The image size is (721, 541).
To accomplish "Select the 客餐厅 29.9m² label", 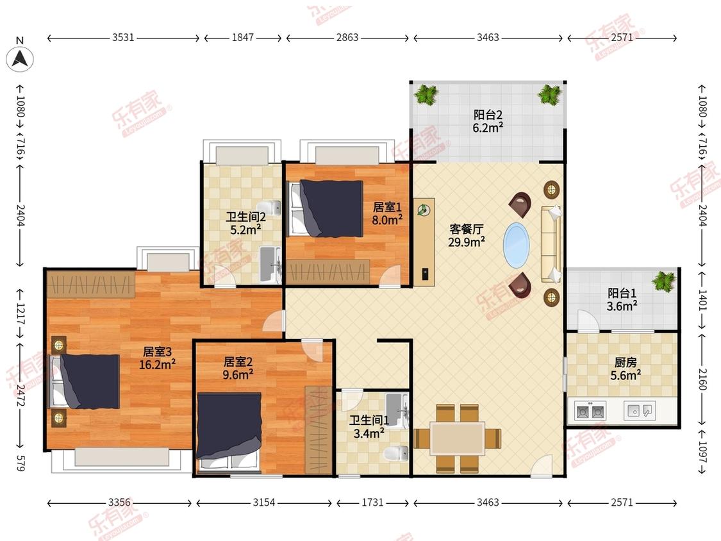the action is [x=467, y=235].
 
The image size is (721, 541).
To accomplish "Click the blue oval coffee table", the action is [x=517, y=246].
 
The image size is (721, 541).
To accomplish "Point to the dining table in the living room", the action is [x=458, y=438].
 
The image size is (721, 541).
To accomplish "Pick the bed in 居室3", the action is [x=85, y=381].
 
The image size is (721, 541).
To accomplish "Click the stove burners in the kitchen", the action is [x=590, y=410].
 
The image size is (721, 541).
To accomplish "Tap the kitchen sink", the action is [x=640, y=410].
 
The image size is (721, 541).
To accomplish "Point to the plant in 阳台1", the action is [x=663, y=281].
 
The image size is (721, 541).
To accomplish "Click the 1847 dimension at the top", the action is [x=242, y=37].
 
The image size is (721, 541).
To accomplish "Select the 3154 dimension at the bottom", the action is [x=264, y=503].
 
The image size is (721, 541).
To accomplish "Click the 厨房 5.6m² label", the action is [x=626, y=369].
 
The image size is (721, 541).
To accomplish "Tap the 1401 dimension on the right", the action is [x=702, y=299].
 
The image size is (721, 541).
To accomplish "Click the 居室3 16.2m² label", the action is [x=157, y=358].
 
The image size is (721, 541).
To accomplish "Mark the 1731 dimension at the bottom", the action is [x=372, y=503].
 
